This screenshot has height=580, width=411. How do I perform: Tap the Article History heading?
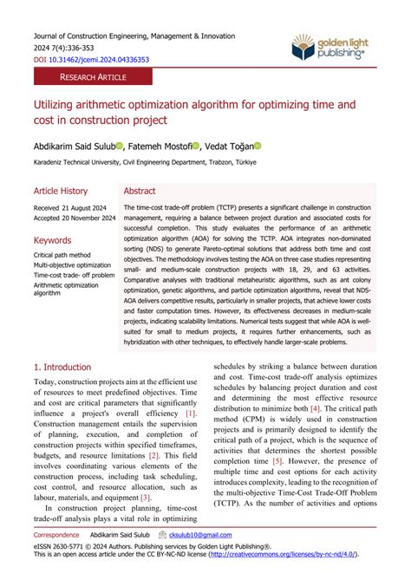point(61,191)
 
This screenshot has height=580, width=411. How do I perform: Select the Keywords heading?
point(53,239)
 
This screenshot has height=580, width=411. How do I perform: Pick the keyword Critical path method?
point(62,256)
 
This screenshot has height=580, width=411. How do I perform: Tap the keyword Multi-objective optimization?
point(72,265)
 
